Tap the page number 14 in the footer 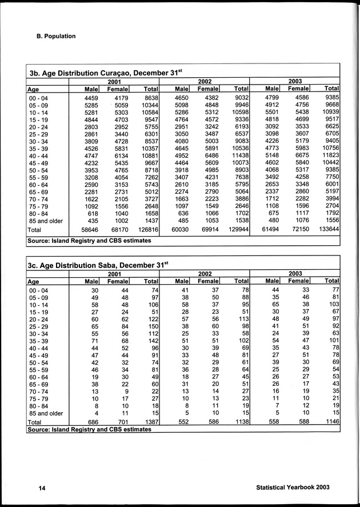click(x=34, y=488)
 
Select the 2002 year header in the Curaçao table click(x=204, y=82)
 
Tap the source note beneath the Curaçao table click(x=89, y=241)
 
